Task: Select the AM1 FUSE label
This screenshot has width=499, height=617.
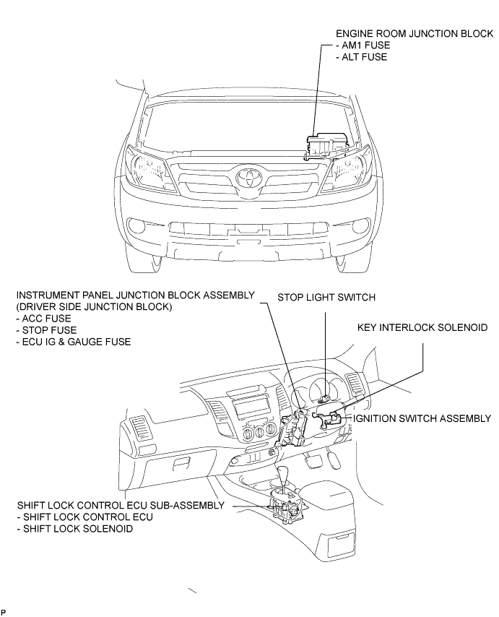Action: [x=363, y=46]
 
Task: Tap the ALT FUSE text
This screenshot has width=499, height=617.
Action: [x=361, y=57]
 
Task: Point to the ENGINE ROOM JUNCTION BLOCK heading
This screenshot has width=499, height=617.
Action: [x=415, y=34]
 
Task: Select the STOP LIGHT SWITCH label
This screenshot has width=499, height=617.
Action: [x=326, y=297]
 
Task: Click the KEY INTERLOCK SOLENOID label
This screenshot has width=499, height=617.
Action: [x=422, y=327]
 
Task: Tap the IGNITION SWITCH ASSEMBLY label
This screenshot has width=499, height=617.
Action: [x=422, y=418]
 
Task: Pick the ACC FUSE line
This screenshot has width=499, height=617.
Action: [x=43, y=319]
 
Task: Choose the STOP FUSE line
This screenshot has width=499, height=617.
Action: [x=46, y=330]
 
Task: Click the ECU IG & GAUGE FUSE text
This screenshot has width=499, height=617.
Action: [x=74, y=342]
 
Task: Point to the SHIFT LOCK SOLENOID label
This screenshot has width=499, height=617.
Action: [x=75, y=528]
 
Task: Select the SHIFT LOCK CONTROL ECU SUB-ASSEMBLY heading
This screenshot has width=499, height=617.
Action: [x=121, y=505]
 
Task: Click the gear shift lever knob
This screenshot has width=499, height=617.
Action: [x=284, y=473]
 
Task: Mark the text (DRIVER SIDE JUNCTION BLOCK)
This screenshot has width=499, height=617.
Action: [x=95, y=307]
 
